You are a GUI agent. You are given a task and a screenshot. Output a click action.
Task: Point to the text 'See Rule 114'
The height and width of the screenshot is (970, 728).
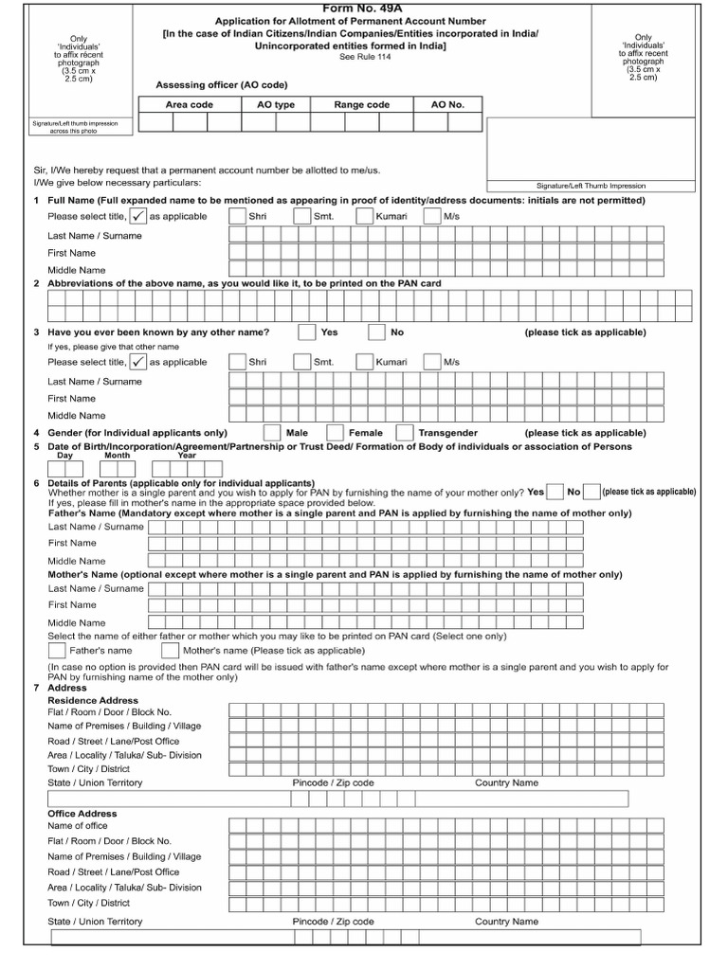pyautogui.click(x=364, y=58)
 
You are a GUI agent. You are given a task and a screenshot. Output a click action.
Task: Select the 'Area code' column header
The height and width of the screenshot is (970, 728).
pyautogui.click(x=190, y=105)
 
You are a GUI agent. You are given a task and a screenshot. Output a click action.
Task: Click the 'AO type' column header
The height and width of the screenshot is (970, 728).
pyautogui.click(x=275, y=105)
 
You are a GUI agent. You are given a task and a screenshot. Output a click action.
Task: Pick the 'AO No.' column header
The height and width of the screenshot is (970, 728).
pyautogui.click(x=447, y=105)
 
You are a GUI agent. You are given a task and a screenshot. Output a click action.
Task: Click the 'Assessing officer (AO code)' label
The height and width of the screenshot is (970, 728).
pyautogui.click(x=221, y=85)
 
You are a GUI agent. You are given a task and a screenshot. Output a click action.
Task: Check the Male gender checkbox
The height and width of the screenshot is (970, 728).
pyautogui.click(x=272, y=433)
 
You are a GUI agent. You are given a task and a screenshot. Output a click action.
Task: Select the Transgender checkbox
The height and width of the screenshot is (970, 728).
pyautogui.click(x=405, y=433)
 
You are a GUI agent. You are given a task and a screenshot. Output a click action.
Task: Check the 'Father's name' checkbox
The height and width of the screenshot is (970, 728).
pyautogui.click(x=57, y=652)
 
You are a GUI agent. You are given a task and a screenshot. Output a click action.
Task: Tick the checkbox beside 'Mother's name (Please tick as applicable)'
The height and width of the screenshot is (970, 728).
pyautogui.click(x=170, y=652)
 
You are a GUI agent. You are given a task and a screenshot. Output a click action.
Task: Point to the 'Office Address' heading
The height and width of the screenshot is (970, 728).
pyautogui.click(x=82, y=814)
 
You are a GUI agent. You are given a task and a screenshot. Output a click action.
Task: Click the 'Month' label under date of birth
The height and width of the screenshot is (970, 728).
pyautogui.click(x=118, y=456)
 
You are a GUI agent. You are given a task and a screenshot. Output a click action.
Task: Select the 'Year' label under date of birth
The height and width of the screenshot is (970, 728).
pyautogui.click(x=187, y=456)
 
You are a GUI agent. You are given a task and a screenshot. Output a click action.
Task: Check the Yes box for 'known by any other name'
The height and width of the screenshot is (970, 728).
pyautogui.click(x=307, y=332)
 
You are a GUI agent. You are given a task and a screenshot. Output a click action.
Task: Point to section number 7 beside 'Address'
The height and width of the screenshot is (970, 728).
pyautogui.click(x=36, y=688)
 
